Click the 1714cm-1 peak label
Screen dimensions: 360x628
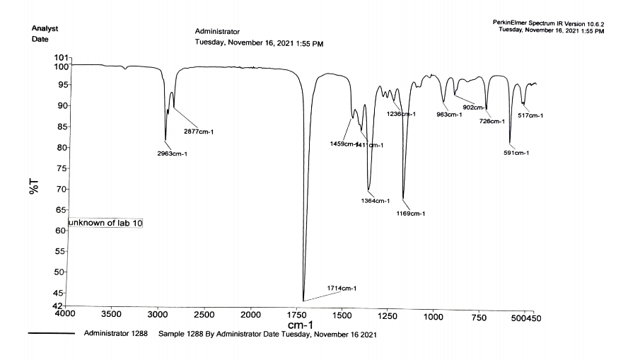click(342, 289)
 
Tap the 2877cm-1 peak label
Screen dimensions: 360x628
click(200, 131)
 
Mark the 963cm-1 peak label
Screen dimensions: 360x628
click(449, 115)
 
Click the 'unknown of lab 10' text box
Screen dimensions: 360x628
click(105, 223)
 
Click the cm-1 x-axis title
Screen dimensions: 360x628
click(301, 324)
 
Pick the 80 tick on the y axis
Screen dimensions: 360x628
click(59, 148)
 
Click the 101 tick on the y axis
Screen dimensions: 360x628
click(62, 57)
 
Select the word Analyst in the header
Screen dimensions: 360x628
click(45, 28)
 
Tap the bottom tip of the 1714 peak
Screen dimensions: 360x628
click(303, 301)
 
